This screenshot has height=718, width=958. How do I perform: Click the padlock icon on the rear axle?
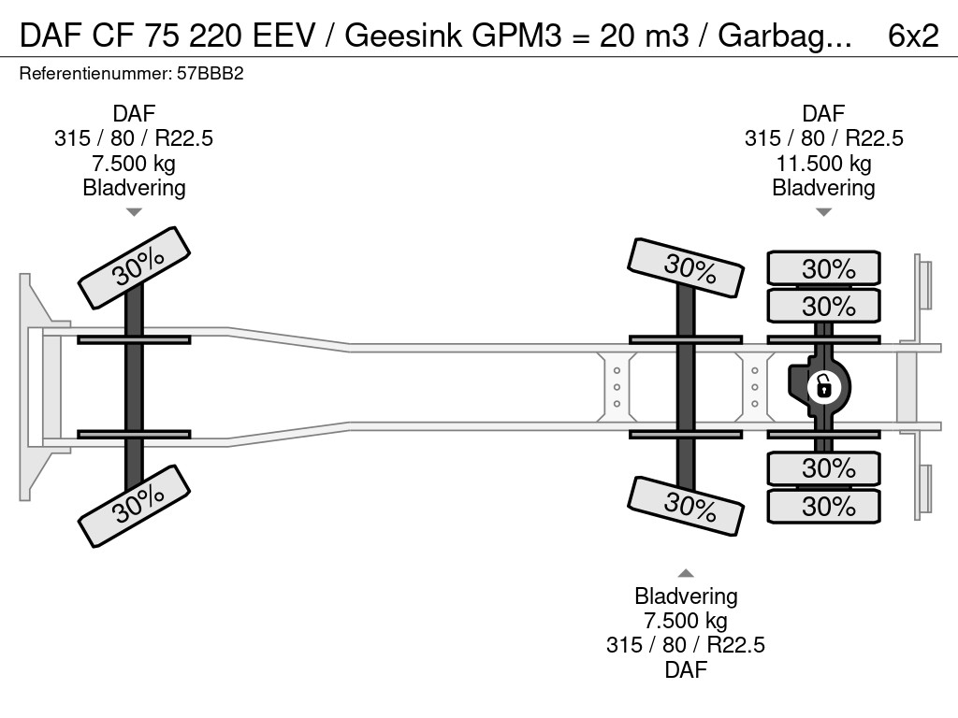[x=823, y=385]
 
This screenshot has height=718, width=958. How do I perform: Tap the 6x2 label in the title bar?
[x=912, y=35]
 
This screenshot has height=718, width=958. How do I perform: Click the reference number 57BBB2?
[x=216, y=74]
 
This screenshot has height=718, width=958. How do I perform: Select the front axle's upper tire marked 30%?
[x=134, y=268]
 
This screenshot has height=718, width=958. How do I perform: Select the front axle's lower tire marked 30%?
[x=134, y=505]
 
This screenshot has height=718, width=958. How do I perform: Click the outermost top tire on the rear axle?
[x=823, y=268]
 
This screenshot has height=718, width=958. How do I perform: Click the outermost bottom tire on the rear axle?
[x=823, y=506]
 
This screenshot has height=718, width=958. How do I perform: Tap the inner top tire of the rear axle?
[x=823, y=306]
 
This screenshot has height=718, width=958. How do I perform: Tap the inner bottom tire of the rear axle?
[x=823, y=467]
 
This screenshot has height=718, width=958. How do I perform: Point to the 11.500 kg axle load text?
[x=823, y=164]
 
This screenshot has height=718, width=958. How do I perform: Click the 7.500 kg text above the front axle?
[x=134, y=164]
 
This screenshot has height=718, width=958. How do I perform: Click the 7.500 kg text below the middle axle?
[x=686, y=621]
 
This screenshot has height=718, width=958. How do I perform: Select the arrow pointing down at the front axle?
[x=134, y=212]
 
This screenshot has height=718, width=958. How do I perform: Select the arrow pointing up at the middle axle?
[x=686, y=573]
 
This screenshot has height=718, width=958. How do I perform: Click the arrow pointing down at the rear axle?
[x=823, y=212]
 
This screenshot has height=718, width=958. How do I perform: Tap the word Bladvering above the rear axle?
[x=823, y=188]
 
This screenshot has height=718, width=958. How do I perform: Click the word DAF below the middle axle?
[x=686, y=669]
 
